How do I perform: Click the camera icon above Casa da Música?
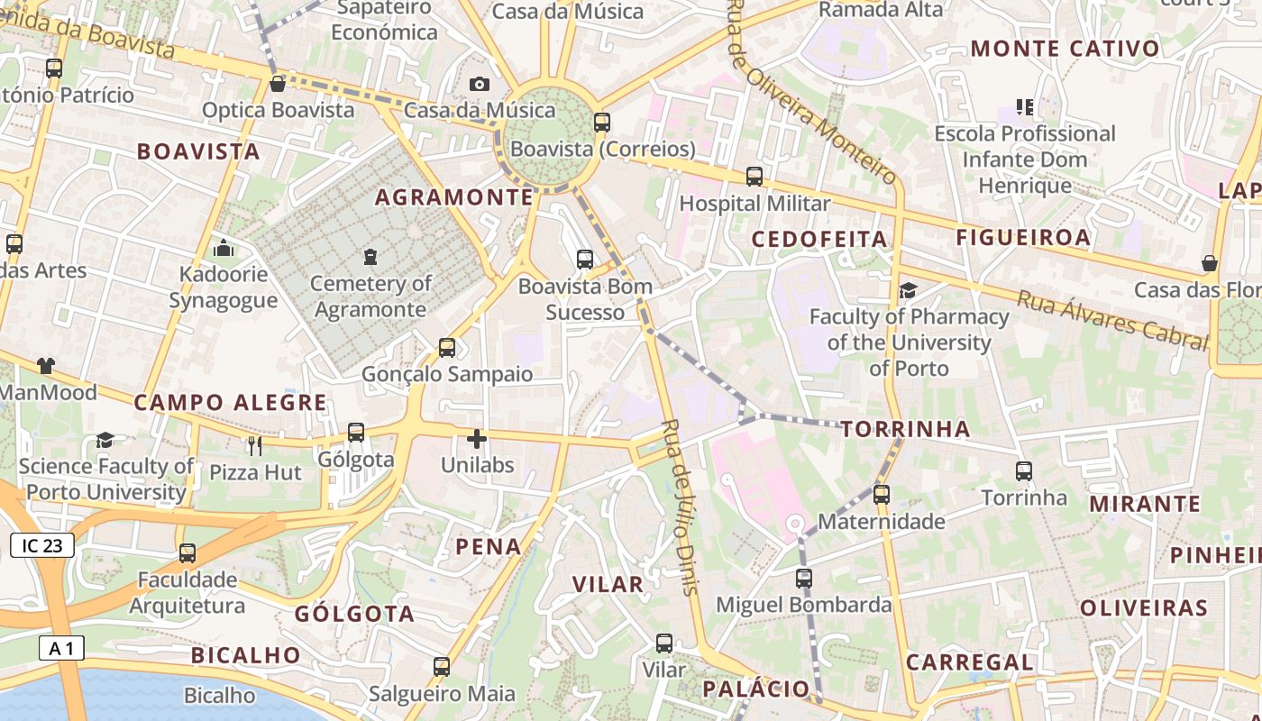[x=480, y=84]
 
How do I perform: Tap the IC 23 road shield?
[x=42, y=545]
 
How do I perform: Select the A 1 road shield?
[x=61, y=648]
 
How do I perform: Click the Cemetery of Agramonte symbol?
[x=370, y=257]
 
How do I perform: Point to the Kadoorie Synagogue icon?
[x=224, y=248]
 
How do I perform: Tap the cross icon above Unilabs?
[x=477, y=439]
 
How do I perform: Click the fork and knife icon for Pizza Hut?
[x=255, y=445]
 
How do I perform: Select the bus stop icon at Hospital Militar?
[x=754, y=177]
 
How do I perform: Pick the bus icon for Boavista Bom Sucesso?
[x=585, y=260]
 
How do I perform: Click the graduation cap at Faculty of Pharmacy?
[x=908, y=290]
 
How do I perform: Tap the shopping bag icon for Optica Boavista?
[x=278, y=84]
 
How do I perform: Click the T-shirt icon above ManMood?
[x=46, y=366]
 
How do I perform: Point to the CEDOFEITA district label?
[x=819, y=239]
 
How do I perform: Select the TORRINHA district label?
[x=905, y=429]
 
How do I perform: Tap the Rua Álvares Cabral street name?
[x=1112, y=320]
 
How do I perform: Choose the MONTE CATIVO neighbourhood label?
[x=1065, y=49]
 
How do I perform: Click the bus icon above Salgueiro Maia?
[x=442, y=667]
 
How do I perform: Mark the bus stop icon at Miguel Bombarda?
[x=804, y=579]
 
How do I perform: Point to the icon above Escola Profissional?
[x=1025, y=107]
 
